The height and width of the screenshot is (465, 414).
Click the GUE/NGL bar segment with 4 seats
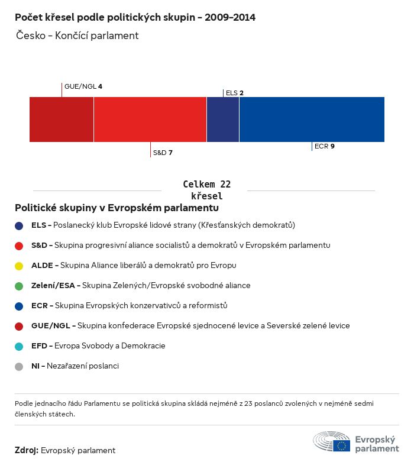point(62,120)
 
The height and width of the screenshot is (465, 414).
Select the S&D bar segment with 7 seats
point(150,120)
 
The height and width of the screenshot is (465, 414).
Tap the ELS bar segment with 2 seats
point(223,120)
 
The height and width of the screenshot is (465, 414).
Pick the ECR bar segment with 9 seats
point(312,120)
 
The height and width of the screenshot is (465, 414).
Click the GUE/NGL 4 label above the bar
point(83,86)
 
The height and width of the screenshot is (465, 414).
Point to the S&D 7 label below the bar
point(163,153)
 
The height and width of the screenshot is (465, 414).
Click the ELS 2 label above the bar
point(235,93)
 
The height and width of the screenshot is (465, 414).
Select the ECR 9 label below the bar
point(325,146)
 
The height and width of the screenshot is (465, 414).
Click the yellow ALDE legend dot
point(19,266)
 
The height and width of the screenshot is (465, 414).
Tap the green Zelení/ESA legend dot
point(19,286)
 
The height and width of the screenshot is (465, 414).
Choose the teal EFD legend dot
point(19,346)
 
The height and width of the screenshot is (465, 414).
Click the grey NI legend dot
point(19,366)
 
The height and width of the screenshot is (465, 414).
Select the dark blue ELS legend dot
point(19,225)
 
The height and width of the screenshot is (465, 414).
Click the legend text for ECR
point(129,306)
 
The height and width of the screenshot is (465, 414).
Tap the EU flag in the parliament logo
point(342,445)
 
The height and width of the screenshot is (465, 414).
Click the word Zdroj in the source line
point(27,450)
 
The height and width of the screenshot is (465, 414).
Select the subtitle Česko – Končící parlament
point(77,35)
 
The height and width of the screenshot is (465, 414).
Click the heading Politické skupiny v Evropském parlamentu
point(117,208)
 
